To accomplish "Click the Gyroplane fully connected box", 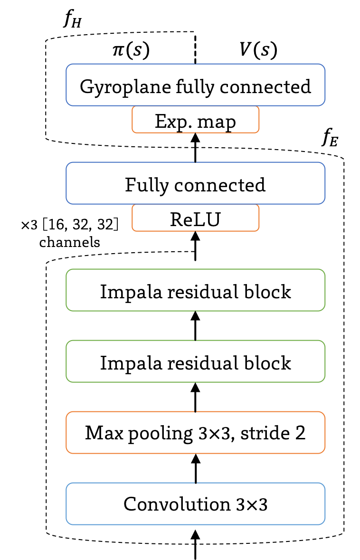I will click(195, 85).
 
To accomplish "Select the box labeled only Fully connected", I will click(195, 183).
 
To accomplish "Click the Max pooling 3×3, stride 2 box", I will click(195, 432).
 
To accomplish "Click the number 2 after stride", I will click(300, 433).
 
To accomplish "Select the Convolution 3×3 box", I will click(195, 503).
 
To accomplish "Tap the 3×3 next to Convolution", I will click(252, 504).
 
